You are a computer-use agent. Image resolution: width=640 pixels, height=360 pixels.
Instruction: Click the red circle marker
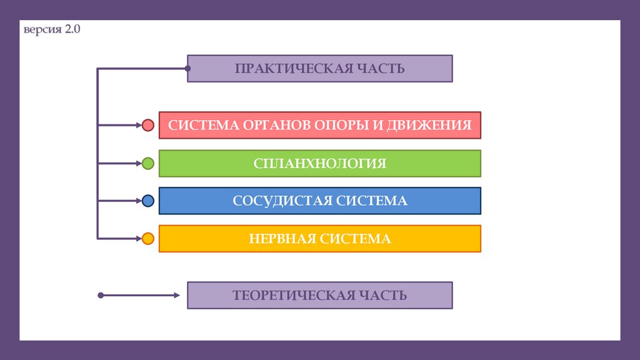[x=148, y=126]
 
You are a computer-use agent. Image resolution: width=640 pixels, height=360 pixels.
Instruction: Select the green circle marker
[x=148, y=164]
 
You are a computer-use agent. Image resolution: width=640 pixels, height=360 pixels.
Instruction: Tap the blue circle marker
[x=148, y=201]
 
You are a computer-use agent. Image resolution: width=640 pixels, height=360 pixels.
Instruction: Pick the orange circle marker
[x=148, y=238]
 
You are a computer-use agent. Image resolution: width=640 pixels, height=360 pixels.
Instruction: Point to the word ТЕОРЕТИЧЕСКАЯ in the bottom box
[x=287, y=295]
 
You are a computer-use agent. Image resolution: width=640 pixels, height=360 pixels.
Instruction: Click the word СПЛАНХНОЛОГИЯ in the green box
[x=320, y=164]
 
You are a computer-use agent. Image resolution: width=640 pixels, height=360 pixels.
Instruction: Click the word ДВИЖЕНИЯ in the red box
[x=437, y=126]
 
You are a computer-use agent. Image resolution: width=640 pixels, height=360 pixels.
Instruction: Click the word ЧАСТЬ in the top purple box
[x=382, y=69]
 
